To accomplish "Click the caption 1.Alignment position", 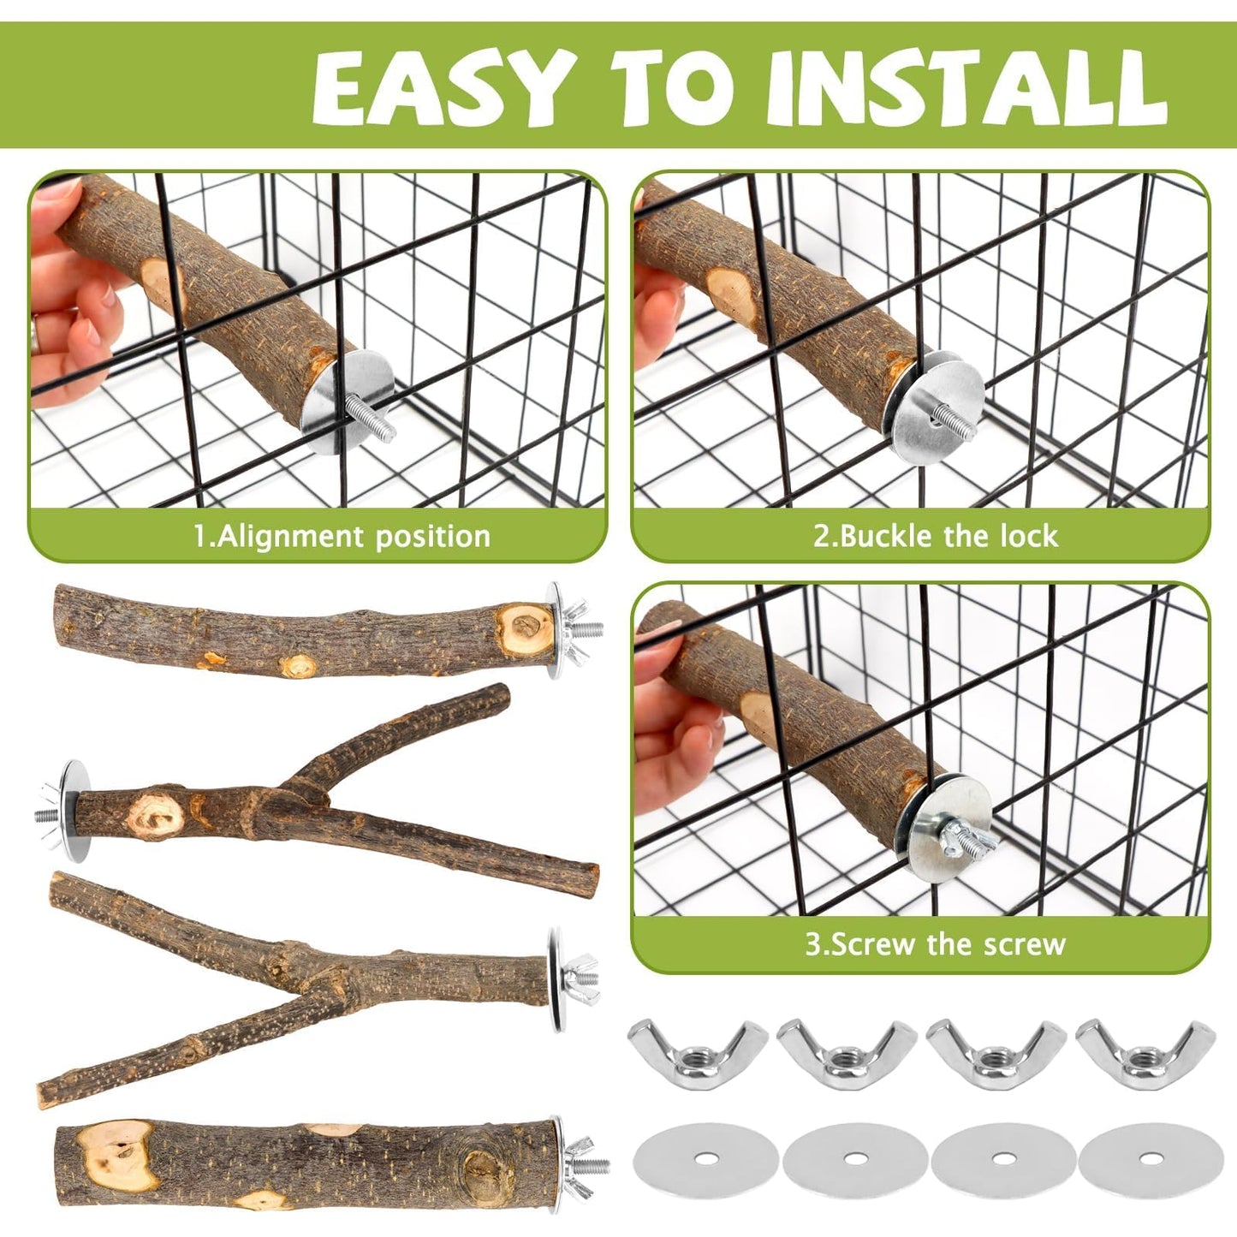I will (x=342, y=537).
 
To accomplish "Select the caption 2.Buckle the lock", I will (x=935, y=537).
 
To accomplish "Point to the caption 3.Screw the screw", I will (x=935, y=945).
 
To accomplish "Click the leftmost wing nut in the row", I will (x=696, y=1050).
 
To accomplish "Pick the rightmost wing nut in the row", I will (x=1145, y=1050).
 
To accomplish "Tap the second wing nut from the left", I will (x=847, y=1050).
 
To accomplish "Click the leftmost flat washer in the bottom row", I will (x=705, y=1158).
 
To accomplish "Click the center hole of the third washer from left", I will (x=1002, y=1158).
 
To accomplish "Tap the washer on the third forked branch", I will (x=556, y=979).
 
